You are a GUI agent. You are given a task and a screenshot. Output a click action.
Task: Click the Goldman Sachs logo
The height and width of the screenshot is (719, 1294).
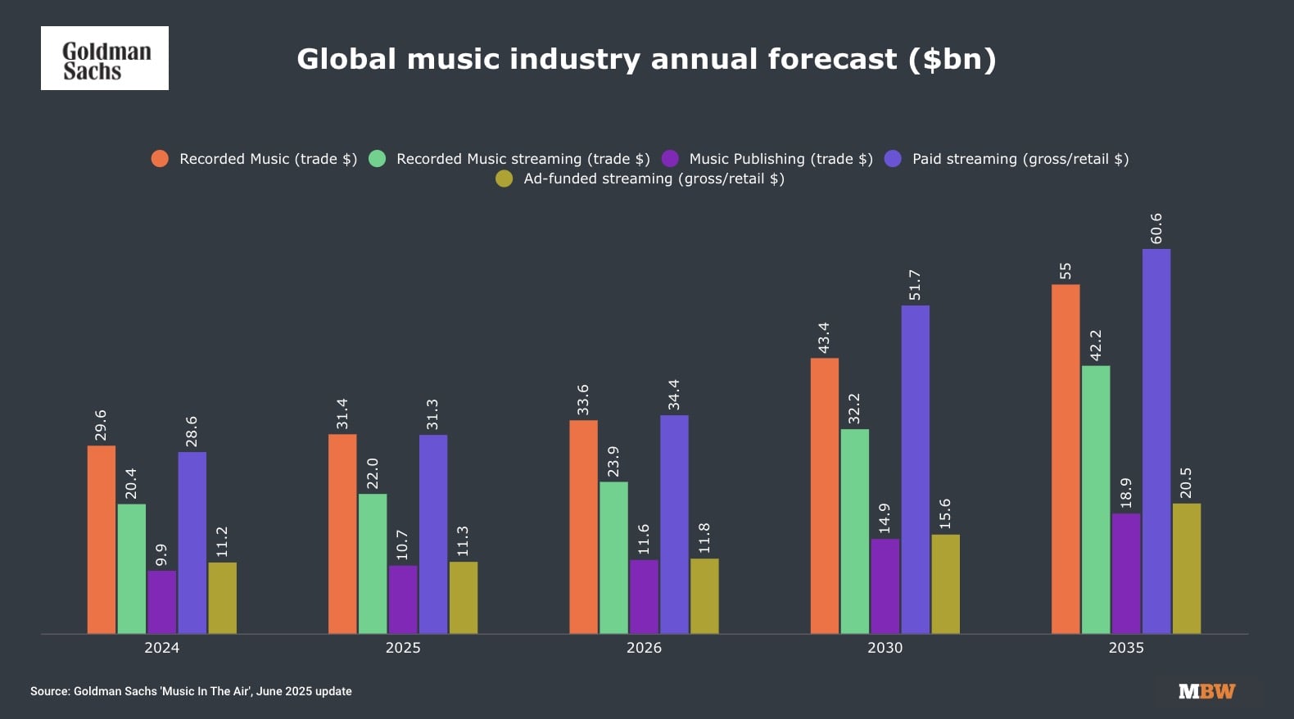(x=105, y=58)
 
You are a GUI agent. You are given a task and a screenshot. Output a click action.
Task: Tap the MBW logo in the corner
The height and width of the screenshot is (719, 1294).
(x=1206, y=691)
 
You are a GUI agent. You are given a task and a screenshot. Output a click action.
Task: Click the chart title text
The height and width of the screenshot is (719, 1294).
(x=646, y=59)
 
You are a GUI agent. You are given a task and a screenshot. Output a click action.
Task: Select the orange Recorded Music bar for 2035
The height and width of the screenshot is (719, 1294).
(x=1066, y=459)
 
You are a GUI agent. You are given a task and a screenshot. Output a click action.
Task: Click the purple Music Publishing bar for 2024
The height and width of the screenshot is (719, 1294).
(x=161, y=602)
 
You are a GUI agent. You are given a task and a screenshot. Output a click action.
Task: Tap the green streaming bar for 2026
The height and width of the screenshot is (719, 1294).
(x=613, y=557)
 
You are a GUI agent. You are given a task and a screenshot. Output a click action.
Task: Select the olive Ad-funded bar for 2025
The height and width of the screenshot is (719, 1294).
(x=464, y=597)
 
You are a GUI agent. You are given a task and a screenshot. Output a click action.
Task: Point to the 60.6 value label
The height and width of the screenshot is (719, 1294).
(x=1156, y=228)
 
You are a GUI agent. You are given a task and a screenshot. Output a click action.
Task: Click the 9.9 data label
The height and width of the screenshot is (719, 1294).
(x=161, y=554)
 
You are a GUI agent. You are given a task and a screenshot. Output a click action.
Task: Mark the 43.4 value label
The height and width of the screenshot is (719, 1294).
(x=824, y=338)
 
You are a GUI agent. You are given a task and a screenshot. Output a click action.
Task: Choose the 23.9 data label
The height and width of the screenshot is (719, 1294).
(x=613, y=462)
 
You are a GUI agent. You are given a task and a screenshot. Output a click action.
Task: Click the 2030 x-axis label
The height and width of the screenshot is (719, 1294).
(x=885, y=648)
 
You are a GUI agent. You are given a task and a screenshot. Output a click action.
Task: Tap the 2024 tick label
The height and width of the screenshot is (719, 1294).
(x=161, y=648)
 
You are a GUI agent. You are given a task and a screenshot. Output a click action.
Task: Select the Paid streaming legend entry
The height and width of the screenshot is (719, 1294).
(x=1020, y=159)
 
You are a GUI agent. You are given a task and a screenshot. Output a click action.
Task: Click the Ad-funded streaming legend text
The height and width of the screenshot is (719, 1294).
(x=654, y=179)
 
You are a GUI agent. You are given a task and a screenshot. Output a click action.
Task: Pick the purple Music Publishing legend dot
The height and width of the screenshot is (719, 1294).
(x=670, y=159)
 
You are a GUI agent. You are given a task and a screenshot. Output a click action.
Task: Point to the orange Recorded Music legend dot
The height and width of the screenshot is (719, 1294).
(x=160, y=159)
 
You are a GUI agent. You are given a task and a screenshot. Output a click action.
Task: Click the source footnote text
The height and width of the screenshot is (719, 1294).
(x=191, y=691)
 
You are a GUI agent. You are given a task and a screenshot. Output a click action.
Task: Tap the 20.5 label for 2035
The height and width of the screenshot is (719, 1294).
(x=1186, y=483)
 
